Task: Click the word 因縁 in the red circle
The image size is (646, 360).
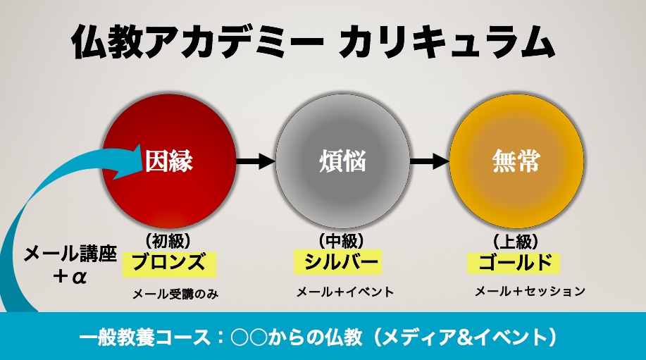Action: [168, 161]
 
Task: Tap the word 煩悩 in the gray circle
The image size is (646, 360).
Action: [342, 161]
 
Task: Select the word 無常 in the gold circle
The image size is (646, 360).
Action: [516, 161]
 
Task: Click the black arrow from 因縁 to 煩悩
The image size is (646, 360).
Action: [256, 161]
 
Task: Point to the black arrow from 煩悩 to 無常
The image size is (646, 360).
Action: [429, 161]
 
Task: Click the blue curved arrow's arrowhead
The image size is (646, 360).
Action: [125, 161]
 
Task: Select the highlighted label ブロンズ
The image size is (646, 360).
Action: [169, 262]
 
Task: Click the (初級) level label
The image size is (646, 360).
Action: [168, 240]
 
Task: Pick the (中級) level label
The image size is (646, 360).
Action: [342, 240]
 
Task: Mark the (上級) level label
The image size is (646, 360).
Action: [516, 241]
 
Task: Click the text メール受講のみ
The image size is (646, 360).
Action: [175, 294]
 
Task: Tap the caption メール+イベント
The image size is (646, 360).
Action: [345, 292]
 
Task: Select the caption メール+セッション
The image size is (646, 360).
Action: [530, 291]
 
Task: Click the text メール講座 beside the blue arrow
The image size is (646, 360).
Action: [70, 254]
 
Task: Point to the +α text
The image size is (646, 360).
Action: [70, 276]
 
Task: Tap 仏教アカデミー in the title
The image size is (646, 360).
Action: [197, 42]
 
